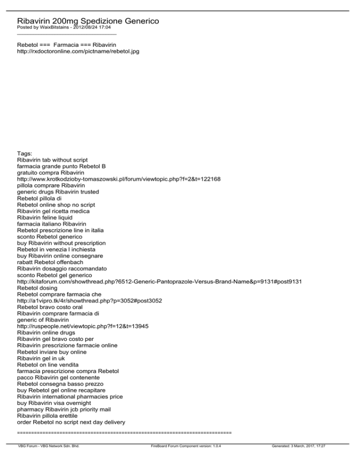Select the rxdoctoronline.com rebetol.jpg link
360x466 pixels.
pos(78,51)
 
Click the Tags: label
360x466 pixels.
pos(25,153)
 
